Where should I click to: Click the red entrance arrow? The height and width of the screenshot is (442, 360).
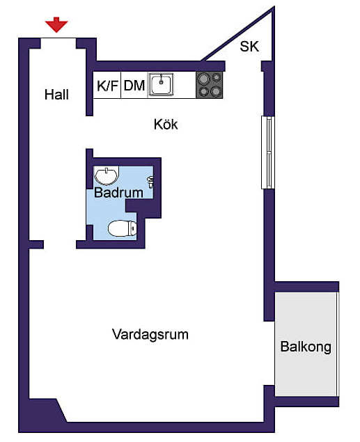tap(56, 24)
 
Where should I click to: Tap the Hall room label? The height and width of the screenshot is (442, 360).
tap(56, 95)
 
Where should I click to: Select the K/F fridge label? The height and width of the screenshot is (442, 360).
tap(107, 86)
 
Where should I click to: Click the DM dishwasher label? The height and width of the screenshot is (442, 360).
tap(134, 86)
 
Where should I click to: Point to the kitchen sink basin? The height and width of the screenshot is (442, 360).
tap(161, 84)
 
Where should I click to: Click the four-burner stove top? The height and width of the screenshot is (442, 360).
tap(210, 85)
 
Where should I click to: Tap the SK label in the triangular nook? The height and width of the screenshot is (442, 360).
tap(249, 47)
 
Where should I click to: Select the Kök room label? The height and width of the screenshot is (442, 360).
tap(166, 125)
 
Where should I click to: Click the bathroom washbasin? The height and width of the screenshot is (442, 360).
tap(107, 175)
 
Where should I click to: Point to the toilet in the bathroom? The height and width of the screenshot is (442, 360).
tap(123, 228)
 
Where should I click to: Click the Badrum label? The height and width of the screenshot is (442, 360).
tap(118, 193)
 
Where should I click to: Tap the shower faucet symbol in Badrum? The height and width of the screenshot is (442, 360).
tap(151, 182)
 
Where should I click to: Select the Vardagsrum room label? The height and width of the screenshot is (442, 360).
tap(150, 335)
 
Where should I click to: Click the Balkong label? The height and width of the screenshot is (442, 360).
tap(306, 347)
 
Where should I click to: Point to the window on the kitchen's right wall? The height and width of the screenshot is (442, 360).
tap(267, 152)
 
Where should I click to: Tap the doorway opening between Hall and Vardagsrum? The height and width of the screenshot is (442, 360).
tap(60, 244)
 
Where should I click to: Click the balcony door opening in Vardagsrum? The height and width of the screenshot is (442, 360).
tap(269, 353)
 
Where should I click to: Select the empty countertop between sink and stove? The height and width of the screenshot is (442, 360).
tap(185, 85)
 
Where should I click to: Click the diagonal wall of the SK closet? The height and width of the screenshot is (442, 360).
tap(237, 34)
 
